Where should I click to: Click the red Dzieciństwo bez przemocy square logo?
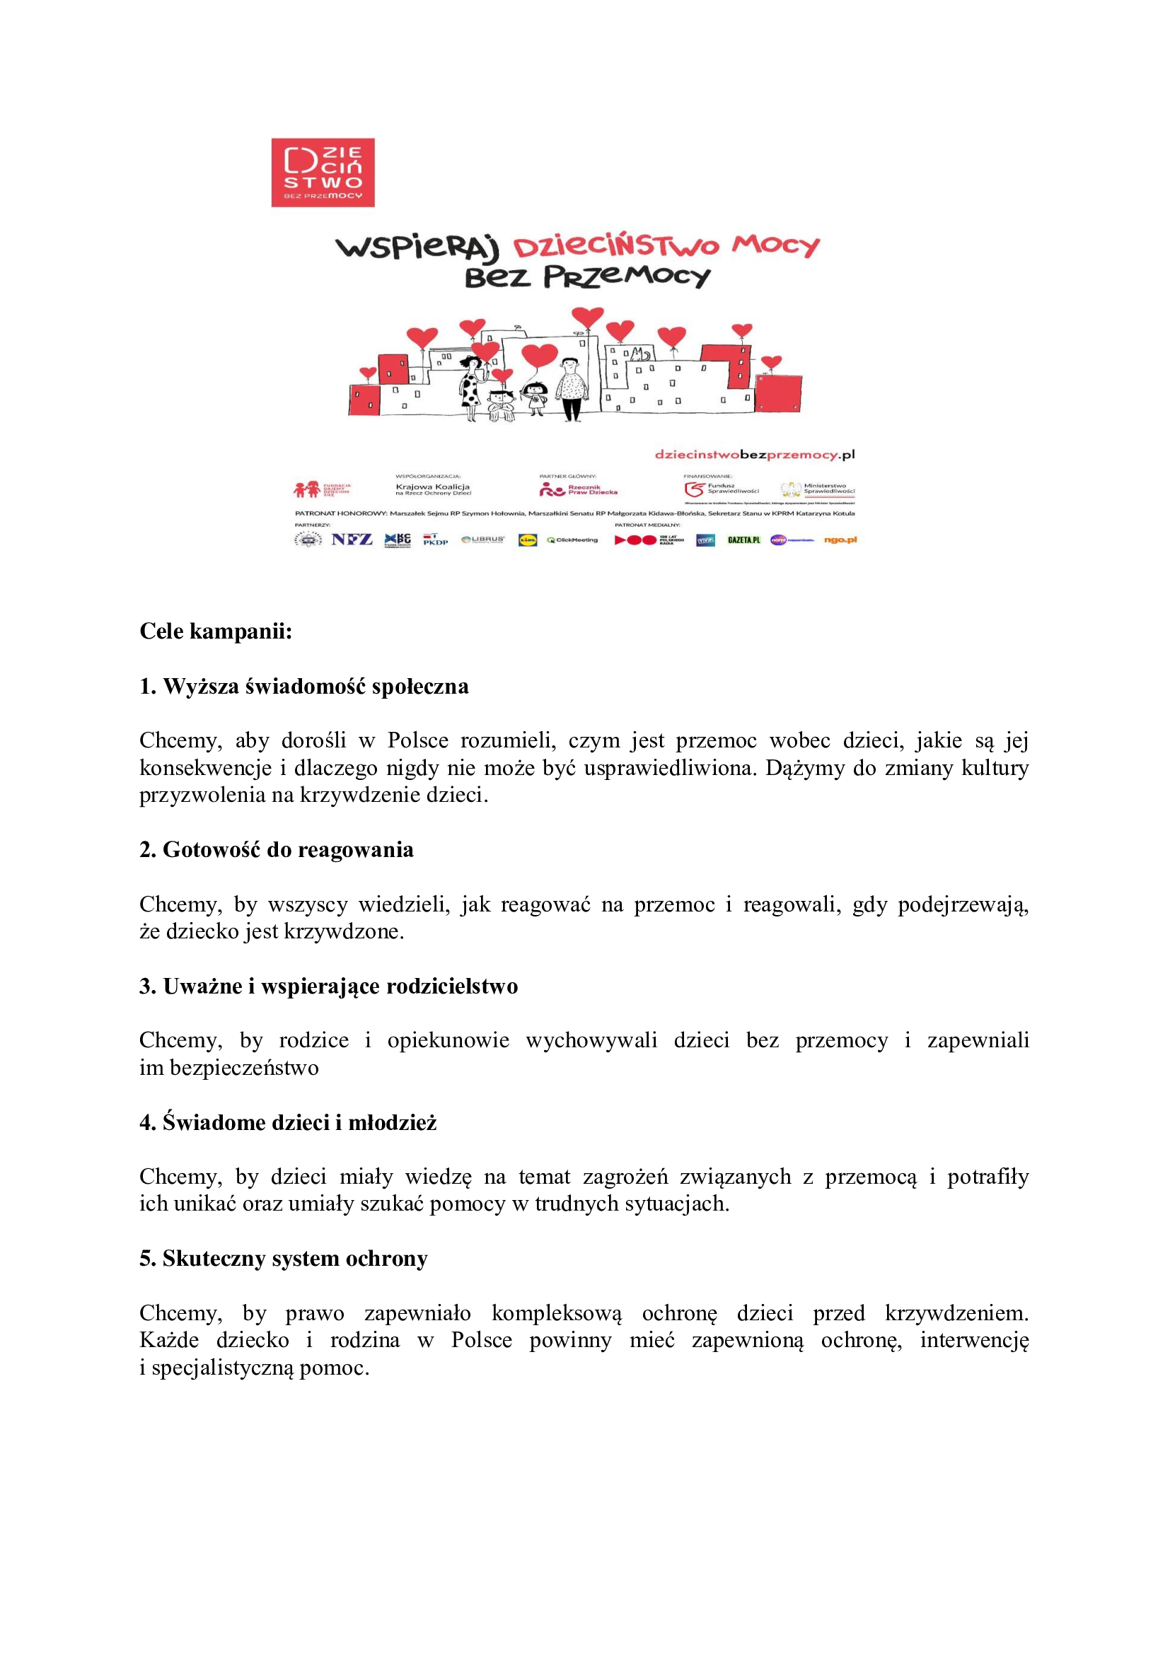323,173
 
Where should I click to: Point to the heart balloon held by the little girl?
539,356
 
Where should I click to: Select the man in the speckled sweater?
572,389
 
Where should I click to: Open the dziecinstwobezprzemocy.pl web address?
754,455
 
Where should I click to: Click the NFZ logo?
352,540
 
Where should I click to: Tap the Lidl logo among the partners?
528,540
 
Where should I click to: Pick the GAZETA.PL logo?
743,540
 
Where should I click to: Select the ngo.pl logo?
840,540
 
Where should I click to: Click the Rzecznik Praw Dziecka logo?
579,490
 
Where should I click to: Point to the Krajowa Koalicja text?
432,487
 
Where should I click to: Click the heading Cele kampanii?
216,631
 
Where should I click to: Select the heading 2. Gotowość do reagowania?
277,850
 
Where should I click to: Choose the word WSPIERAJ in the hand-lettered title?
417,247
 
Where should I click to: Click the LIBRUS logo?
482,540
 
